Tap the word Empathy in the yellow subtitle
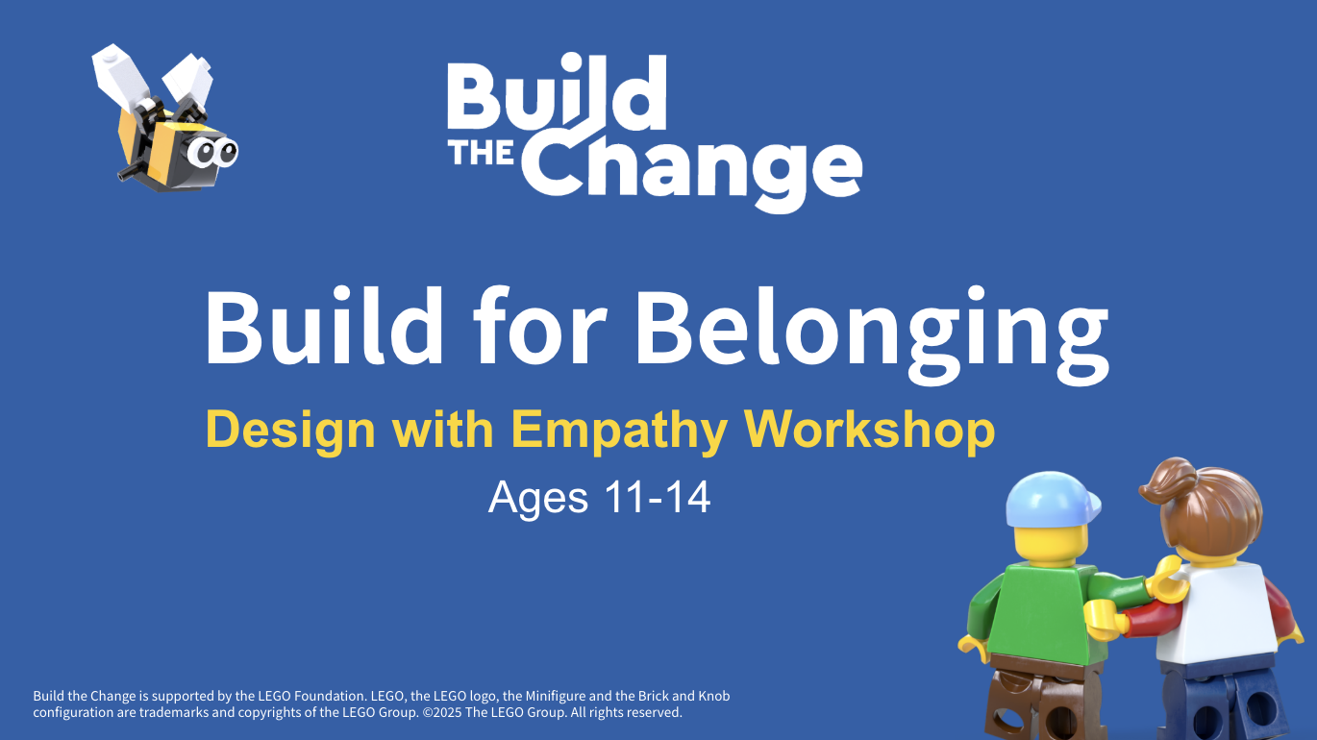[620, 432]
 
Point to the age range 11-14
[658, 497]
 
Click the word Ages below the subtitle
[538, 500]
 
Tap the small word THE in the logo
[482, 152]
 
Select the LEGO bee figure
[164, 117]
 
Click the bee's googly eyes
[212, 153]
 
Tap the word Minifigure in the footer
[556, 696]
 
